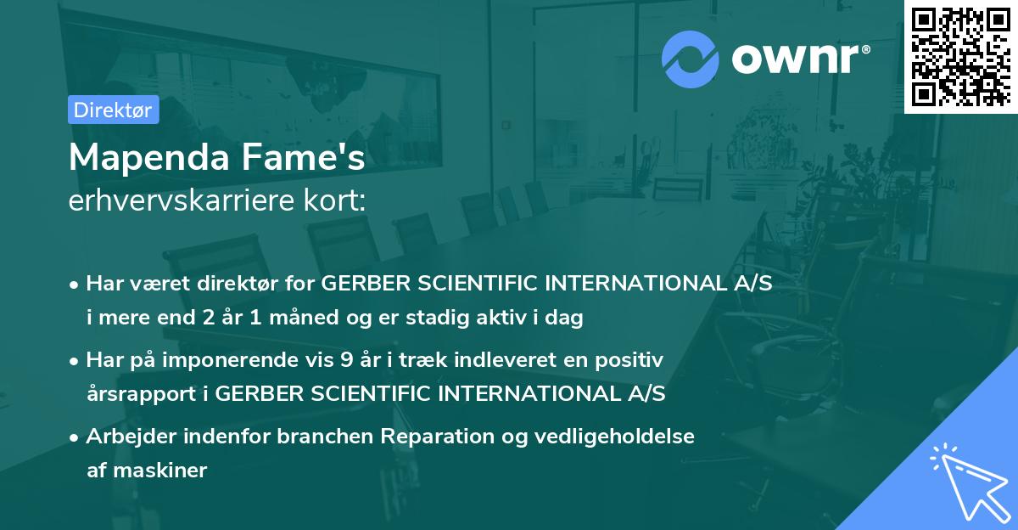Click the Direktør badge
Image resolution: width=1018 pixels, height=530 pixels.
point(113,110)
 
